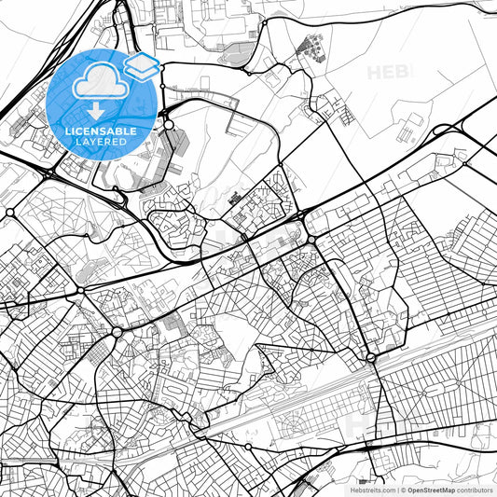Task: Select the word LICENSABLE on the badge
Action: click(101, 131)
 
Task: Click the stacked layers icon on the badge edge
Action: click(142, 66)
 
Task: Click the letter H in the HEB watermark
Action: click(375, 72)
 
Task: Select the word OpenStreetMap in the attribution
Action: click(431, 489)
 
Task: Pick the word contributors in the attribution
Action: click(475, 489)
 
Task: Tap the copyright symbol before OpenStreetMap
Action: click(403, 489)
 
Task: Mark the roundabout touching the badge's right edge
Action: click(169, 124)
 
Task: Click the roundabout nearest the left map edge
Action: click(10, 213)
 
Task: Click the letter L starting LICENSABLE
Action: click(68, 131)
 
